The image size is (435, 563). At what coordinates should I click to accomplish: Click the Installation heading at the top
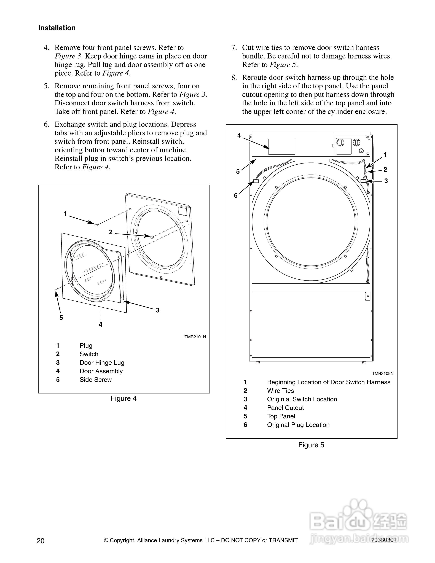click(57, 28)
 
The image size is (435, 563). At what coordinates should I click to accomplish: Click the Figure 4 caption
click(124, 399)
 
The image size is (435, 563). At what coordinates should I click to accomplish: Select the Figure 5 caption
click(311, 445)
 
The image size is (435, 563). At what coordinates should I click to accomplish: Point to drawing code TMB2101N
click(195, 337)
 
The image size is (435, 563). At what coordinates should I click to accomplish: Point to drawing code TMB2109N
click(383, 374)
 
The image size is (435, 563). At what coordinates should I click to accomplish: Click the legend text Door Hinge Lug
click(102, 363)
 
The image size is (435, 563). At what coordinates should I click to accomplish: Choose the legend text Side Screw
click(96, 380)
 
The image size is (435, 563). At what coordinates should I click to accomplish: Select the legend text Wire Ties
click(280, 391)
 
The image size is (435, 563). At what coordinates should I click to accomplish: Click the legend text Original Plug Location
click(298, 425)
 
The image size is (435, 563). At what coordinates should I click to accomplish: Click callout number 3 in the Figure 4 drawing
click(158, 310)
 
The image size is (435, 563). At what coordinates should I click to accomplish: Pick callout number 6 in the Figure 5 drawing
click(236, 195)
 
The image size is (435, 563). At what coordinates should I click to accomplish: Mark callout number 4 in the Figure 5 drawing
click(239, 135)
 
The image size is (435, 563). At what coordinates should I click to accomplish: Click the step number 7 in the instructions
click(234, 48)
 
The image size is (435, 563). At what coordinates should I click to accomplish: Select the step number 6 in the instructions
click(46, 125)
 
